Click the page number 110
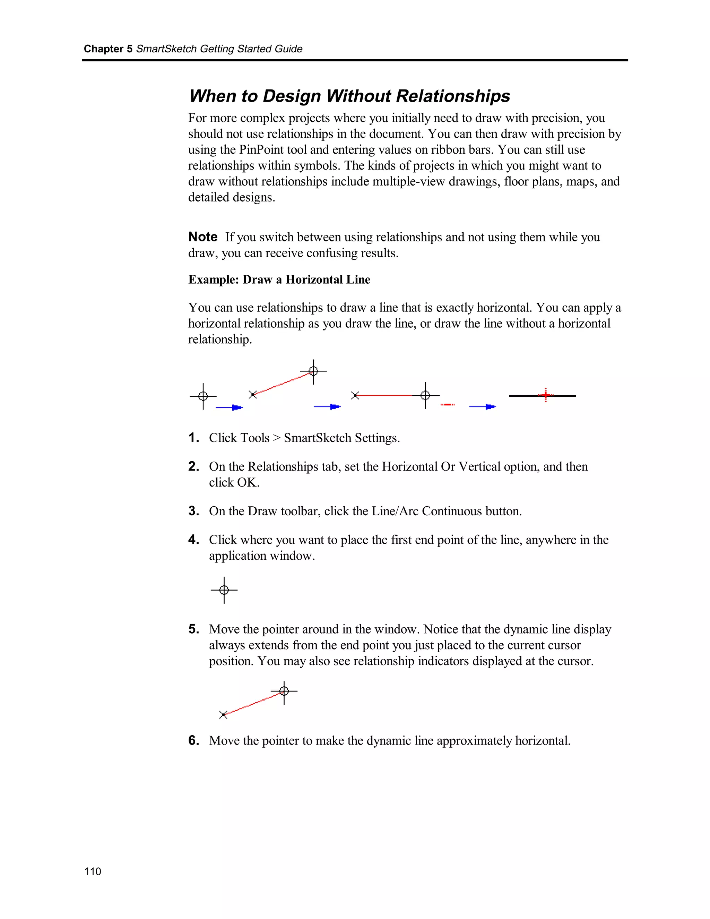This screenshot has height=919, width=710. tap(93, 871)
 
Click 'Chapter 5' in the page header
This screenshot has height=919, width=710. tap(108, 49)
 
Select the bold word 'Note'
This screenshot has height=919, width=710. tap(203, 237)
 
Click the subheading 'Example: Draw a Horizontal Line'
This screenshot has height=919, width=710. tap(279, 280)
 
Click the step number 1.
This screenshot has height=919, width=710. tap(193, 438)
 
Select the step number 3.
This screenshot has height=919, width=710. tap(193, 511)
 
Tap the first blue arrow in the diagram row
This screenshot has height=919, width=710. tap(230, 407)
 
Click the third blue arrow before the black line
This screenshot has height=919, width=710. tap(483, 406)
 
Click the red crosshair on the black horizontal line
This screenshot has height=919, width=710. tap(546, 395)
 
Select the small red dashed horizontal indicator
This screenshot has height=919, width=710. tap(448, 404)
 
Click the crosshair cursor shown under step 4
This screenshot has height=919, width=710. tap(224, 590)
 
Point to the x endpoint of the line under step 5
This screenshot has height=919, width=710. tap(223, 714)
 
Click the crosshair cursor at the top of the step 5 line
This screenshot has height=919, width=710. tap(284, 691)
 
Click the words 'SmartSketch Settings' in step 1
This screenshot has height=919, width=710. tap(341, 438)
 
